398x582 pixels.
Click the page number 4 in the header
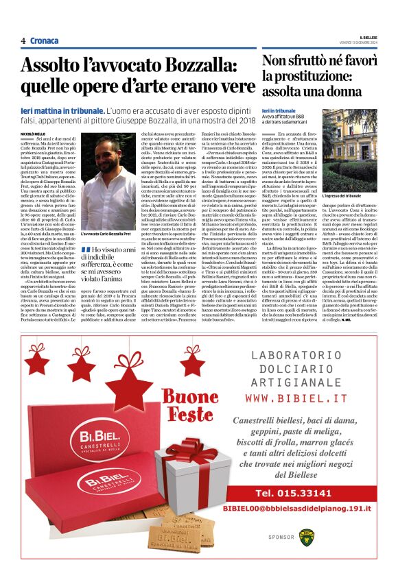[23, 41]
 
